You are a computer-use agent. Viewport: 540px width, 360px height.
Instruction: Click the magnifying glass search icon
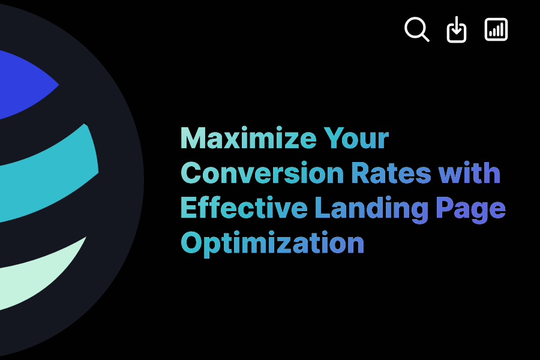tap(416, 29)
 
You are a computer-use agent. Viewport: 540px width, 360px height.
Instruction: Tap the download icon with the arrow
tap(457, 29)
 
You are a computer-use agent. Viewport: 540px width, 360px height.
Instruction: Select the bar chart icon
tap(496, 29)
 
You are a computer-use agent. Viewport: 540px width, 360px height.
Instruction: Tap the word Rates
tap(391, 173)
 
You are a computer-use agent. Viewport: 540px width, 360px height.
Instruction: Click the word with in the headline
tap(469, 173)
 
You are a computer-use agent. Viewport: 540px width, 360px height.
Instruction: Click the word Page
tap(470, 209)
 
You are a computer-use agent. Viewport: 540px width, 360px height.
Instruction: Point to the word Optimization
tap(272, 244)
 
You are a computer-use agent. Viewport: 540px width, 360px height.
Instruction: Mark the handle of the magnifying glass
tap(424, 37)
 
